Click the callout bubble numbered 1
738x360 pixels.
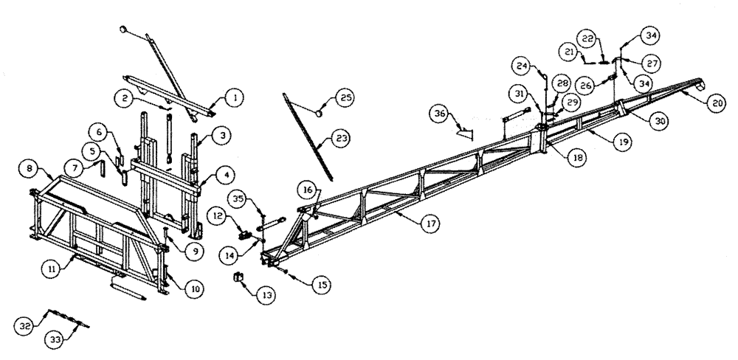pyautogui.click(x=234, y=97)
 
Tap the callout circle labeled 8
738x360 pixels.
pyautogui.click(x=28, y=168)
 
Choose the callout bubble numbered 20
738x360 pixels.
pyautogui.click(x=714, y=104)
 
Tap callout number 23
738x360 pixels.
pyautogui.click(x=343, y=137)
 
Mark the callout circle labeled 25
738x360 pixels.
pyautogui.click(x=344, y=97)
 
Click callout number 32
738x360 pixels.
pyautogui.click(x=24, y=324)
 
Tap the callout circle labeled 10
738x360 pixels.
pyautogui.click(x=193, y=290)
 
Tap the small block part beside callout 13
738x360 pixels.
pyautogui.click(x=239, y=277)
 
